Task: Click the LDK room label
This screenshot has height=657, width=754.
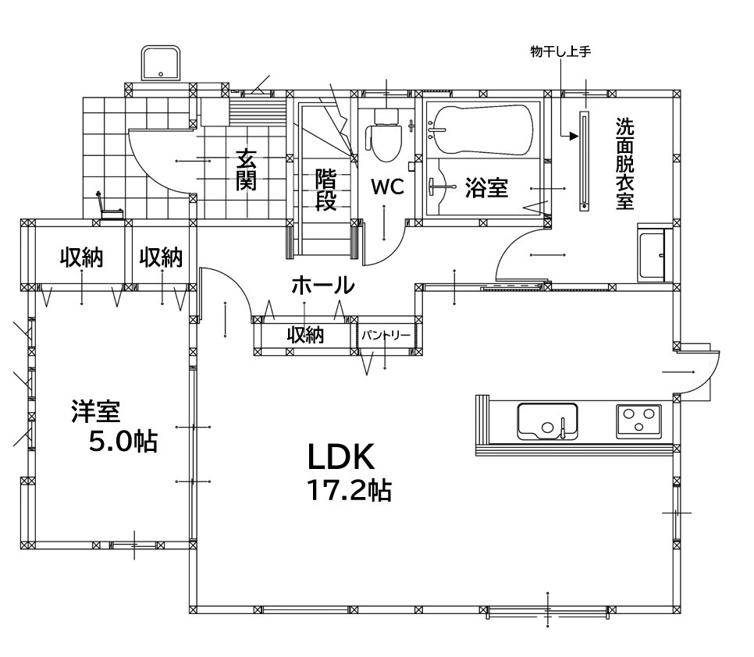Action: (340, 457)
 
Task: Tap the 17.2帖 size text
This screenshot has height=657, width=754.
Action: (349, 491)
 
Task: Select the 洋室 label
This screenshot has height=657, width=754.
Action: (96, 411)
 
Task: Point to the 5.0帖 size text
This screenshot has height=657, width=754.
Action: (123, 441)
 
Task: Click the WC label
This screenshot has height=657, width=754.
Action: (387, 187)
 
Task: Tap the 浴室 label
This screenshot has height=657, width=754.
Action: (486, 187)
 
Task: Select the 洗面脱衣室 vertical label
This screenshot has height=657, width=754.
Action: (624, 164)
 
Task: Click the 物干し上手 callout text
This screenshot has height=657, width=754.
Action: (560, 51)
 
